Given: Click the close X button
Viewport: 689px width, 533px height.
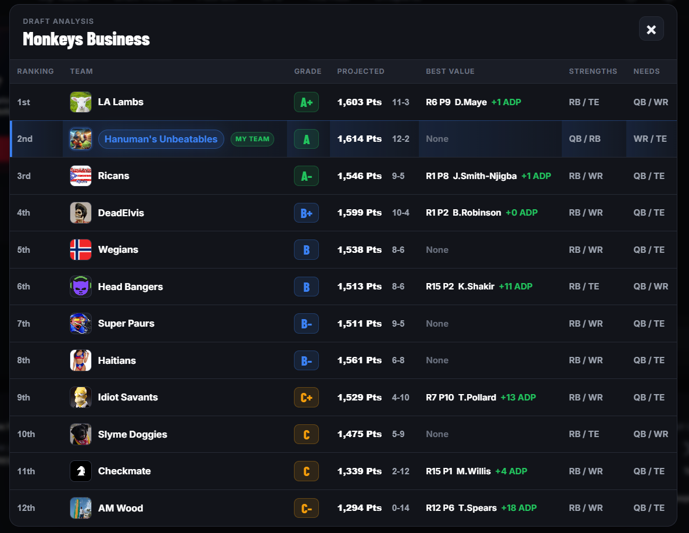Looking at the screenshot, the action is (x=651, y=29).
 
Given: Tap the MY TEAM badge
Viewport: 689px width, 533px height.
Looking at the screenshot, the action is (x=252, y=139).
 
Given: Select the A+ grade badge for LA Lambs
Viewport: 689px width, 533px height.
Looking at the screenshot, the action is (x=306, y=102).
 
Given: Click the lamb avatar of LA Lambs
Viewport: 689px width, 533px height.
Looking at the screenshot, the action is (x=81, y=102).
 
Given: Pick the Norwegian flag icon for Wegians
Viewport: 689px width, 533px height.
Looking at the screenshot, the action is (x=81, y=250).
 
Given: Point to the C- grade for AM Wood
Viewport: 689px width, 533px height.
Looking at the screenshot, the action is (x=306, y=508).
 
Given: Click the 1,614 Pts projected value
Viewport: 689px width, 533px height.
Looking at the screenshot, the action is (x=360, y=139).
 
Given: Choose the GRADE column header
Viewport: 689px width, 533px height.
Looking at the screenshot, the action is (x=307, y=71).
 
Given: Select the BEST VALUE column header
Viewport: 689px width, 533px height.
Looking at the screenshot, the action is (x=450, y=71).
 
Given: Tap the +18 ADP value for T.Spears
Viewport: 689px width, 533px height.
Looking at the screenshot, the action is (x=519, y=508).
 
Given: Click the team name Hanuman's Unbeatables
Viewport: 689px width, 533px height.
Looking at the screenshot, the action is (x=161, y=139).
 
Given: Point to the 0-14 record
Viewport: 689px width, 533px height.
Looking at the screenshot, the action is (x=400, y=508).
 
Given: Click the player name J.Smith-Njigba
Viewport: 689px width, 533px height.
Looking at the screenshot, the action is (x=485, y=176).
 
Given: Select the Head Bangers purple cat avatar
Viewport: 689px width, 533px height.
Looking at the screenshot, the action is (x=81, y=287).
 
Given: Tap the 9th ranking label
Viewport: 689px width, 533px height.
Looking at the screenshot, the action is (x=24, y=398).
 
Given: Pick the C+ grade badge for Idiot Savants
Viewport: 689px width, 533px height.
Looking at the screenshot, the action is (x=306, y=398).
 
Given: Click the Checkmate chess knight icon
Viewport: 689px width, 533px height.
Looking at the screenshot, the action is (x=81, y=471).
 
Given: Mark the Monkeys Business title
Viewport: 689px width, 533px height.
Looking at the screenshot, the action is (x=86, y=39).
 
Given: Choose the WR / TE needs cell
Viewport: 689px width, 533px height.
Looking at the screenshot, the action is (x=650, y=139).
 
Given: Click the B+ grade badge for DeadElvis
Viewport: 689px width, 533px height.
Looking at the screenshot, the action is (x=306, y=213).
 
